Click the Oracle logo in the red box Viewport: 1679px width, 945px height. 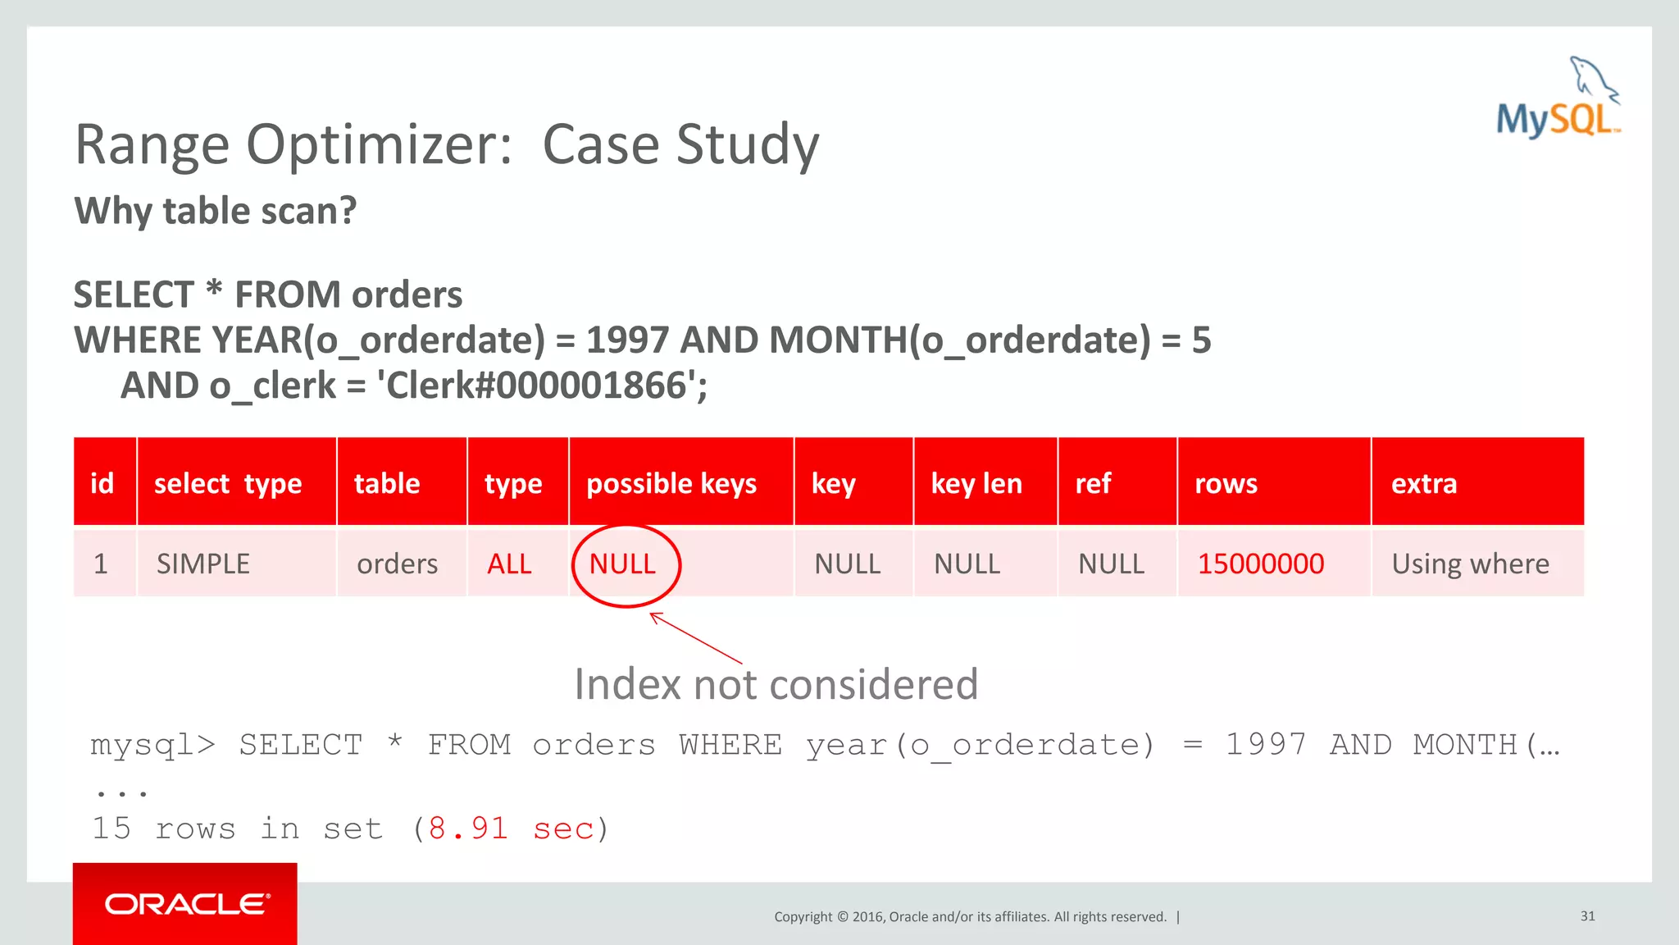click(186, 904)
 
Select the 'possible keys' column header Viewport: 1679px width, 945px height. click(671, 483)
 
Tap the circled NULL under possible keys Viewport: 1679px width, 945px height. click(623, 564)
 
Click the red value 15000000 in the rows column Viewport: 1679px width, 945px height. click(1260, 564)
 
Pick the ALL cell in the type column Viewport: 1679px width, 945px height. click(509, 564)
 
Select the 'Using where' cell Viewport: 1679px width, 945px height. click(1470, 564)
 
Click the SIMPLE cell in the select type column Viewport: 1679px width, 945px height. click(203, 564)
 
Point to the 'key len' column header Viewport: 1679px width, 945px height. click(976, 483)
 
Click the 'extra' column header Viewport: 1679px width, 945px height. click(1424, 483)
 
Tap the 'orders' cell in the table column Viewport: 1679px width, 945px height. click(397, 564)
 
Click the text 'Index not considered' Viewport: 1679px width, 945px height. click(776, 684)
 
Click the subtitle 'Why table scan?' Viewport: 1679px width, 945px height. click(216, 211)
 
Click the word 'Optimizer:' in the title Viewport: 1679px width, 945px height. click(379, 145)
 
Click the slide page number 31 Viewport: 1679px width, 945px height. click(1587, 915)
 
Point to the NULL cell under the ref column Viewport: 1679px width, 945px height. click(1111, 564)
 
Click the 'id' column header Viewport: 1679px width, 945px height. click(102, 483)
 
